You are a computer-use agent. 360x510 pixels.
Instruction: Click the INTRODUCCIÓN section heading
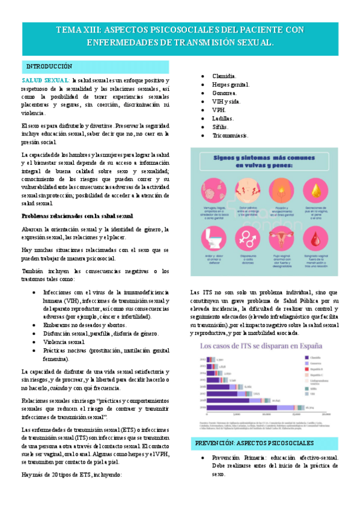point(49,66)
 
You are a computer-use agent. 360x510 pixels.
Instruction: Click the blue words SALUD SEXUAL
point(45,80)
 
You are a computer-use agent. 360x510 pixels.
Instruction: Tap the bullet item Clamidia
point(224,76)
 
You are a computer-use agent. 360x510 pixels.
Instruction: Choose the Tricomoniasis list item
point(234,136)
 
